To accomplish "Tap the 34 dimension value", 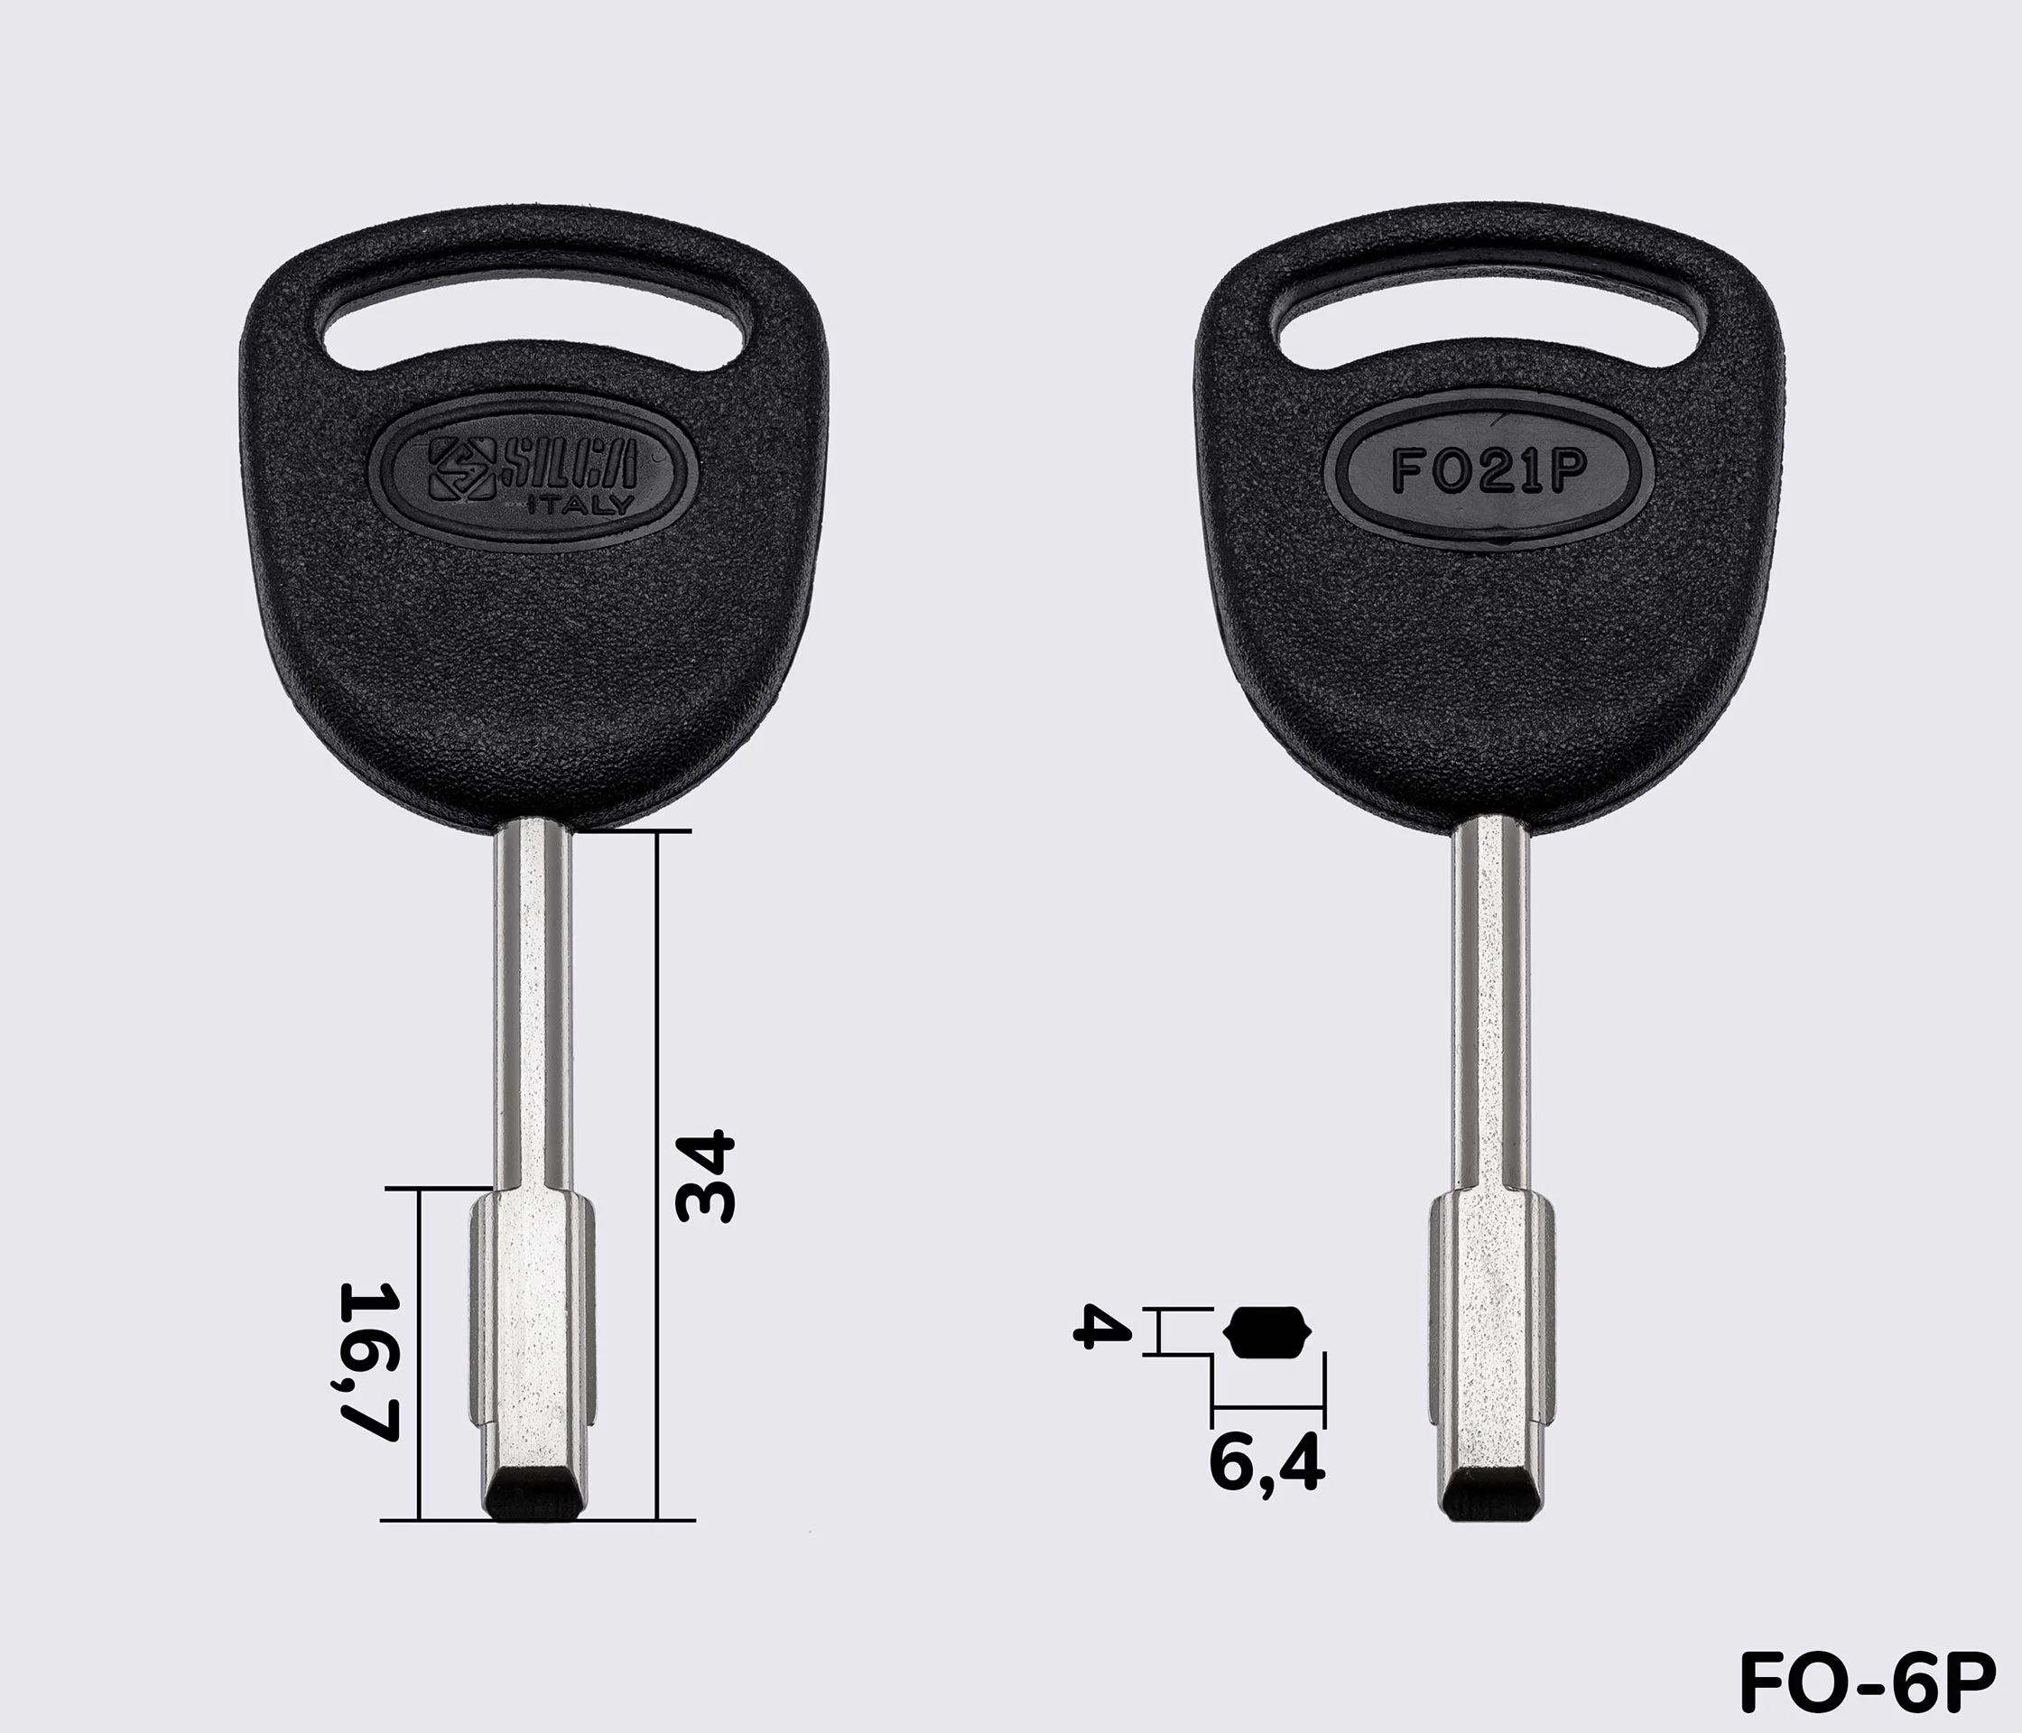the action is [x=706, y=1176].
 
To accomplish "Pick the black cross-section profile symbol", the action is [x=1267, y=1332].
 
